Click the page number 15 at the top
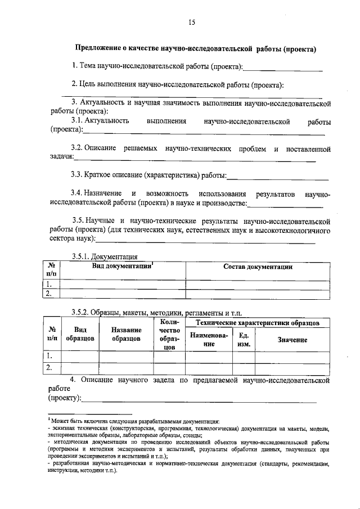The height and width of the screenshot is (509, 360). (x=191, y=22)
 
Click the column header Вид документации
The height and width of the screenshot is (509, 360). (x=123, y=266)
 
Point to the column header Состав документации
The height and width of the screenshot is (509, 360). (x=258, y=267)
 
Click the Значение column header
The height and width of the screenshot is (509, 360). (x=291, y=340)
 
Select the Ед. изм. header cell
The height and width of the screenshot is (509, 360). (x=244, y=340)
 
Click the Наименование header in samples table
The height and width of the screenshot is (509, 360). (x=209, y=340)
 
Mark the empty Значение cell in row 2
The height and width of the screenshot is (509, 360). (x=291, y=368)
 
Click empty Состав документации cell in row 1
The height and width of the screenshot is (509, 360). (x=258, y=283)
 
